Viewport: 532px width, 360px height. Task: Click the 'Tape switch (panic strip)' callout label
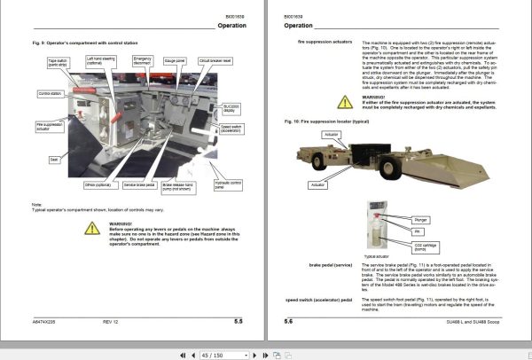[x=59, y=62]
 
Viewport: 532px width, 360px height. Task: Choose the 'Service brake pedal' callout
[x=137, y=184]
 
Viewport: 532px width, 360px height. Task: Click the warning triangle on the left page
[x=92, y=229]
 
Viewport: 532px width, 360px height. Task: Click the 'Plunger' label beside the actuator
[x=420, y=217]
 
